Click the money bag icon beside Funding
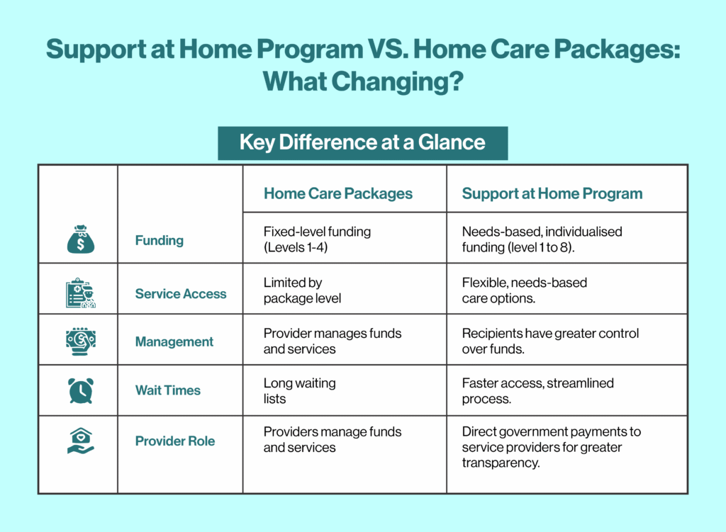coord(81,239)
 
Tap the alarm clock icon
coord(81,390)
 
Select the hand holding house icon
coord(81,441)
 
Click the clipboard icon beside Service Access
coord(81,293)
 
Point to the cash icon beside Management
coord(81,341)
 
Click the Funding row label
coord(160,241)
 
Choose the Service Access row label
coord(181,294)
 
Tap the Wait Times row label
coord(167,390)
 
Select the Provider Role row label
coord(175,441)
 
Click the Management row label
coord(174,342)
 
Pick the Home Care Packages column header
coord(338,193)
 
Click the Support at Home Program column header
coord(552,193)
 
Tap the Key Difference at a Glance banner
coord(362,143)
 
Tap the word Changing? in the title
coord(397,82)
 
